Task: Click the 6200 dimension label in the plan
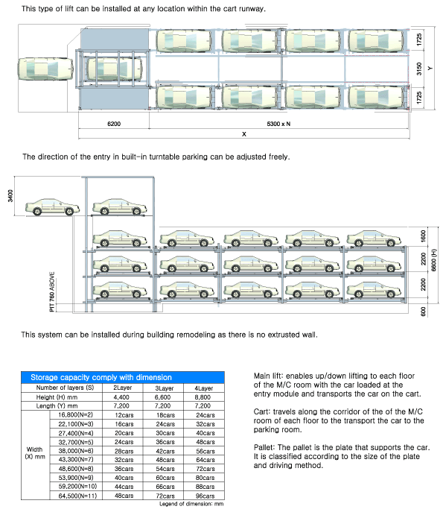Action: click(114, 124)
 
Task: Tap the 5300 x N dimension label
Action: click(278, 124)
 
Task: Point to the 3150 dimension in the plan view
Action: click(419, 69)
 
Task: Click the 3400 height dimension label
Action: click(10, 196)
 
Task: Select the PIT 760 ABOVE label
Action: click(52, 291)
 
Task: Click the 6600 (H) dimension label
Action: click(434, 260)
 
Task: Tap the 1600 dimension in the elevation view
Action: click(424, 236)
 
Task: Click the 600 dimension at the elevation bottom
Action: click(424, 312)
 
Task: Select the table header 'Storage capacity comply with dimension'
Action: click(101, 377)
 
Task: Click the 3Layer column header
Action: click(164, 388)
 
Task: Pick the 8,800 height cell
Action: click(203, 397)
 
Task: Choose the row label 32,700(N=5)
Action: click(76, 442)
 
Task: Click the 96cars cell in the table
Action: click(205, 496)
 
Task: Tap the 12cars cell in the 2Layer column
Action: click(124, 415)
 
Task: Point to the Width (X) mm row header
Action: click(35, 453)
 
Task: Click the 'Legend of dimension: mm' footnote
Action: click(191, 504)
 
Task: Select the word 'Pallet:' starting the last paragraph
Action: click(264, 448)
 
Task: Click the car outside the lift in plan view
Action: click(45, 69)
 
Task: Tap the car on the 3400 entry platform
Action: click(52, 207)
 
